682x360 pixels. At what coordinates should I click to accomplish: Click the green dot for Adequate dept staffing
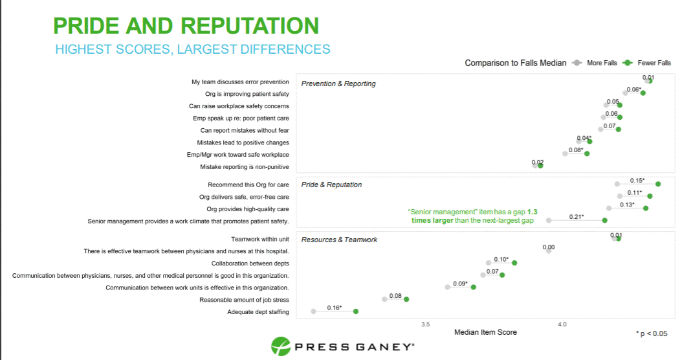356,311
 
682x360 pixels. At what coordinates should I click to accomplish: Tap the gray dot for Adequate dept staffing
313,311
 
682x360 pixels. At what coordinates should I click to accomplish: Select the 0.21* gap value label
577,217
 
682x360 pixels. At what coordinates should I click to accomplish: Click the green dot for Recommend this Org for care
658,184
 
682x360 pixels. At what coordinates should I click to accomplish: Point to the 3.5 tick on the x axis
425,324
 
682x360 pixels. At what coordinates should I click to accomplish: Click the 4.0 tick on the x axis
562,324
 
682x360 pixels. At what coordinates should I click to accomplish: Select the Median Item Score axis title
485,332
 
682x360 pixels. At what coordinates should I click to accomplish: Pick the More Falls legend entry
595,63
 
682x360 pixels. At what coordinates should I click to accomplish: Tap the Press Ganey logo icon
281,346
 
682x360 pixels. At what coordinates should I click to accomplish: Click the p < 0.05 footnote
652,333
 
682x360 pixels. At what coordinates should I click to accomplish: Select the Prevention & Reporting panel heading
338,84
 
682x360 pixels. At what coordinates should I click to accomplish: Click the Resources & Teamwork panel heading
339,240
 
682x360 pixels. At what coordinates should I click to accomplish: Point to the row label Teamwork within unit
260,239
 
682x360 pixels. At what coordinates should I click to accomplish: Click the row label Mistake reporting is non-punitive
245,166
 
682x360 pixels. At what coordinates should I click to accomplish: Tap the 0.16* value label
335,308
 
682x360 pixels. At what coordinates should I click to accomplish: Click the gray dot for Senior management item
549,220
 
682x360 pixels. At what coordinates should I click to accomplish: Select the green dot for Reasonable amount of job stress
406,299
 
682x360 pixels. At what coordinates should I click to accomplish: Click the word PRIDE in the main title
86,26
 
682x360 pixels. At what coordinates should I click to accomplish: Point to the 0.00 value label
549,247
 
